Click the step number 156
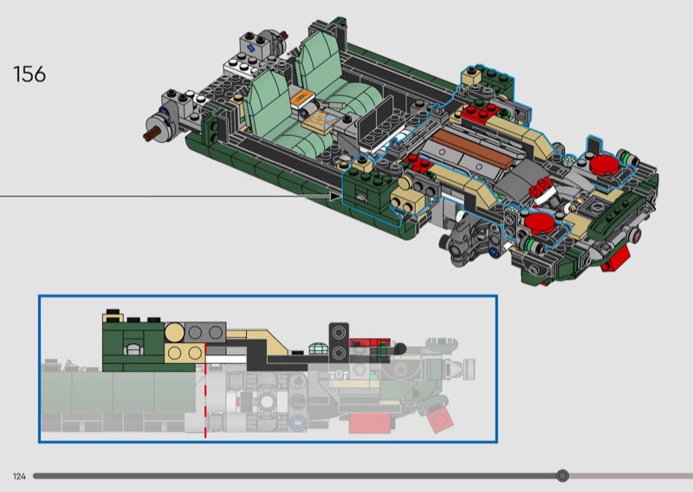[29, 74]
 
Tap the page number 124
[19, 476]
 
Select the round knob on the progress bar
[562, 476]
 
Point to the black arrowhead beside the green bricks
[336, 196]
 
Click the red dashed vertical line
[205, 392]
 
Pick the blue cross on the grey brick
[251, 49]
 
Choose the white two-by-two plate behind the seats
[242, 67]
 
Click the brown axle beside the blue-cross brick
[284, 35]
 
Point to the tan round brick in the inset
[175, 332]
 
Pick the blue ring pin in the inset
[297, 422]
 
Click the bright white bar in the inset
[226, 359]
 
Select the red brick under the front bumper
[616, 258]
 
